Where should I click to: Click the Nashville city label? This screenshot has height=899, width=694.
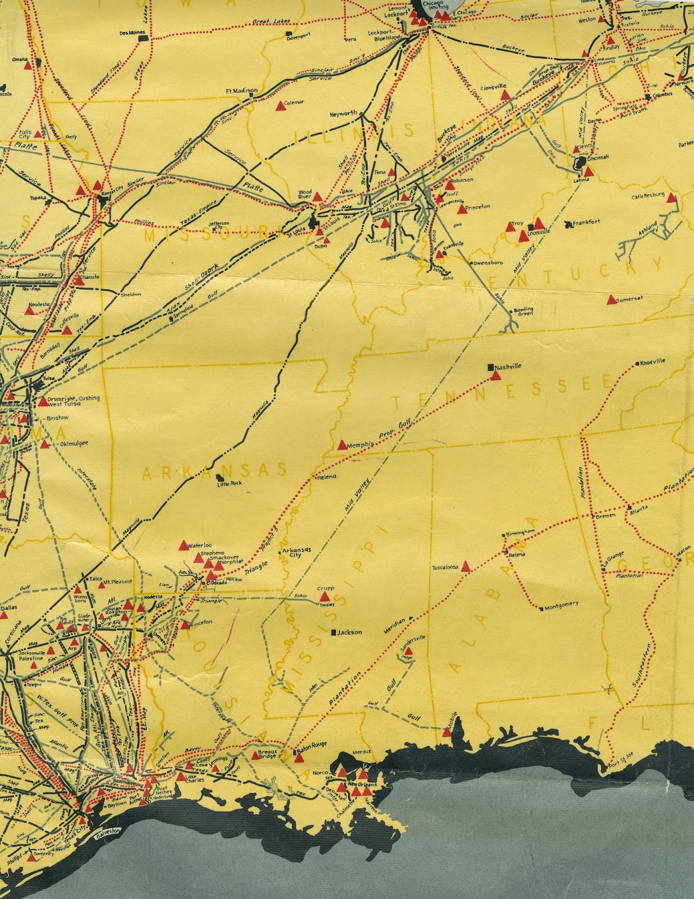tap(508, 366)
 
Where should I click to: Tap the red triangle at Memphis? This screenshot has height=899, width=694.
tap(342, 445)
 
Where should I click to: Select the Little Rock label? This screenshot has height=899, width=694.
tap(229, 483)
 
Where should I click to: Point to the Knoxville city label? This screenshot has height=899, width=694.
tap(652, 362)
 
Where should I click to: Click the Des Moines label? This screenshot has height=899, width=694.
tap(132, 33)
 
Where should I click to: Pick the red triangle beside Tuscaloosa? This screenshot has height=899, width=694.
tap(466, 567)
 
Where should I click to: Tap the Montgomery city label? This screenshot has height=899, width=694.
tap(561, 605)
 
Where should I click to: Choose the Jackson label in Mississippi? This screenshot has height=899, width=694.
tap(349, 632)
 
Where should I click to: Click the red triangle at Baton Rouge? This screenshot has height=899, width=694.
tap(299, 757)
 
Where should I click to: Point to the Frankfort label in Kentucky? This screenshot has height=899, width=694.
tap(587, 222)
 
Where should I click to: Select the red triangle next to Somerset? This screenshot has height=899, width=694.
tap(611, 300)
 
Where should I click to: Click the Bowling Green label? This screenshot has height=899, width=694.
tap(524, 311)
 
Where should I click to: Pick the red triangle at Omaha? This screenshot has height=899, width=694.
tap(28, 65)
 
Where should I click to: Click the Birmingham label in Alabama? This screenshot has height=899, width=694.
tap(520, 532)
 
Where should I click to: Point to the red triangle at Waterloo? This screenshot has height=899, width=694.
tap(183, 545)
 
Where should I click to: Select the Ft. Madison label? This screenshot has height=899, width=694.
tap(242, 90)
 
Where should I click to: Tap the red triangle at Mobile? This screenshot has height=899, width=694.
tap(447, 732)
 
